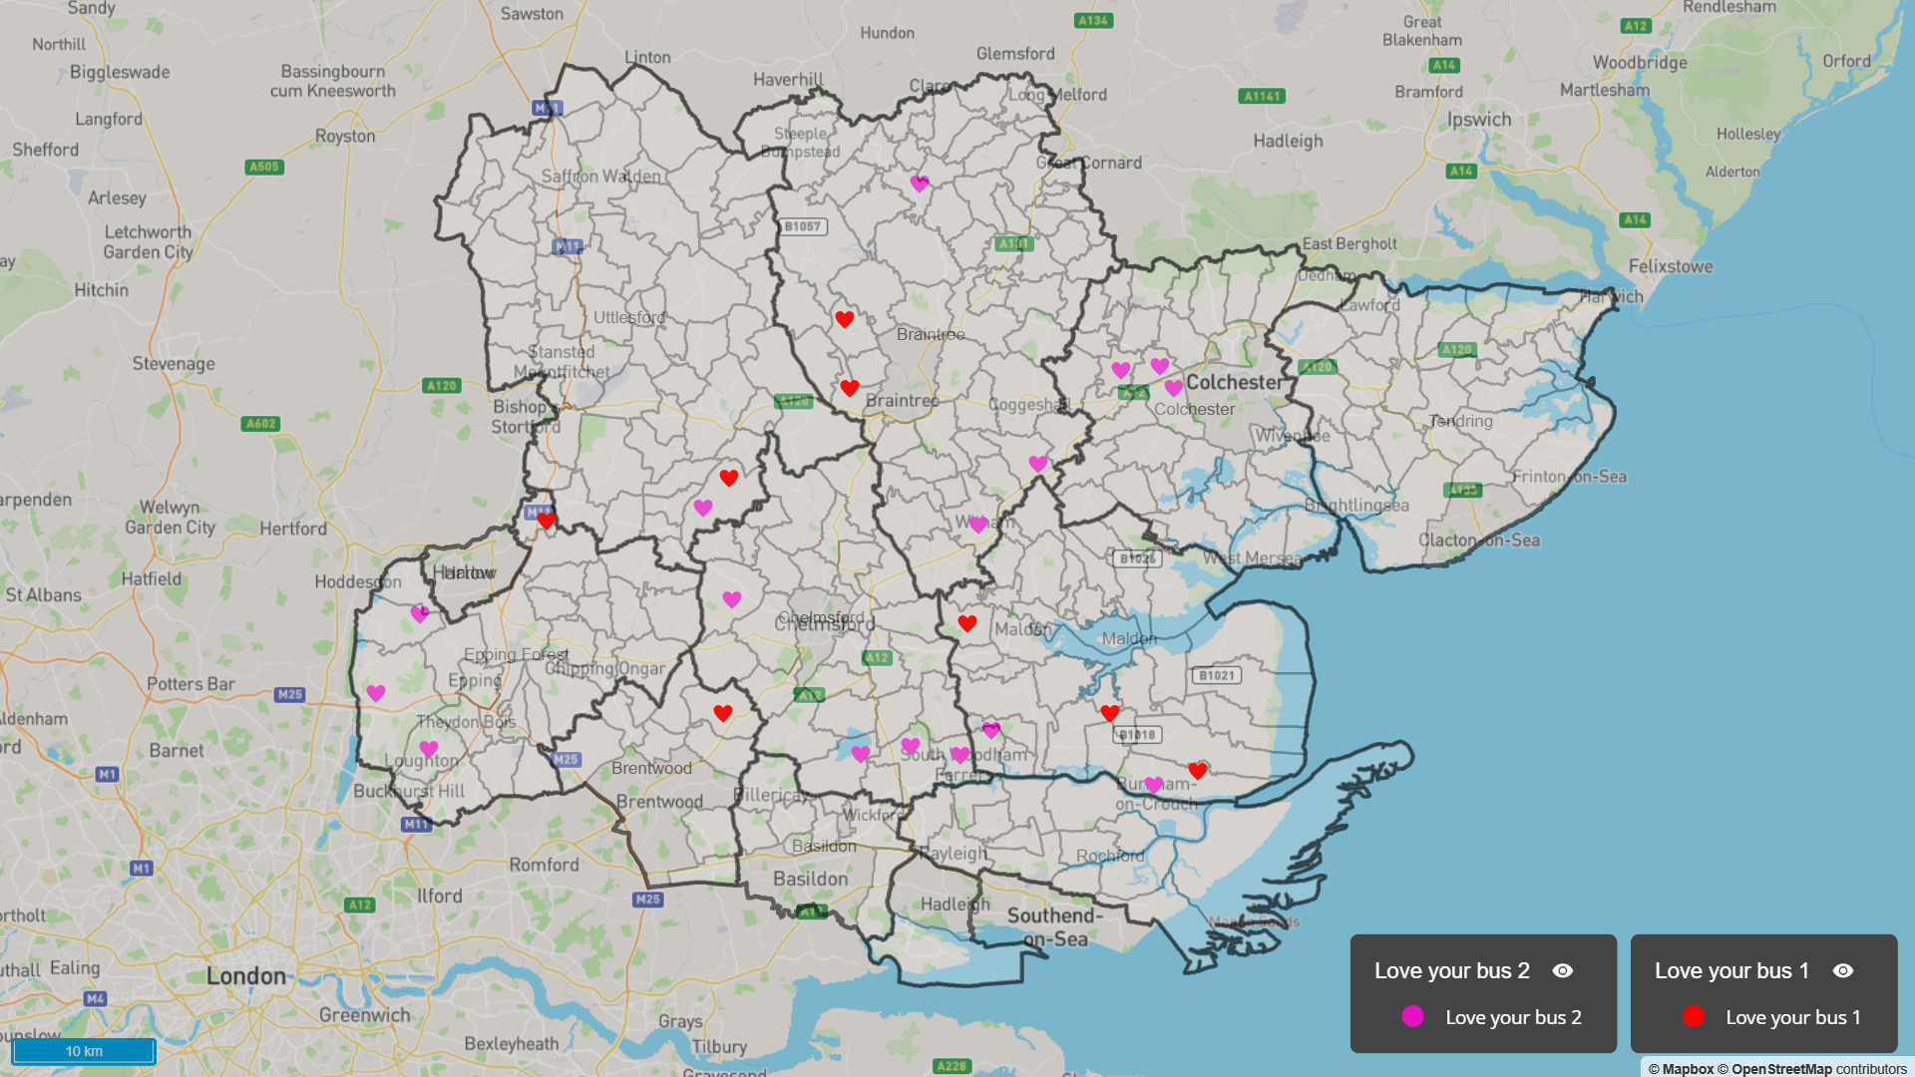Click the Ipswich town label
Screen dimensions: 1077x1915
pyautogui.click(x=1479, y=120)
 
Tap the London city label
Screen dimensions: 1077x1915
pyautogui.click(x=245, y=976)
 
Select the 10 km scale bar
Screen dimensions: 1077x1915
pyautogui.click(x=85, y=1051)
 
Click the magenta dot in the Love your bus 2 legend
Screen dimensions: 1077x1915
pyautogui.click(x=1412, y=1016)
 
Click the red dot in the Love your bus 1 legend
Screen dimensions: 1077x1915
pyautogui.click(x=1693, y=1016)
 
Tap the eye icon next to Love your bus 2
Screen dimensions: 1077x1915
pyautogui.click(x=1563, y=970)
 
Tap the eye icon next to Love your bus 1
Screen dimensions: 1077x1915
pyautogui.click(x=1843, y=970)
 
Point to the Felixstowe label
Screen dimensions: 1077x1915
pyautogui.click(x=1671, y=266)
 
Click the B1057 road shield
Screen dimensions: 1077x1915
pyautogui.click(x=802, y=226)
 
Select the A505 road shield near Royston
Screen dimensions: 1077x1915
pyautogui.click(x=264, y=167)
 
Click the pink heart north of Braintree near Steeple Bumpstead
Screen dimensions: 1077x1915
pyautogui.click(x=920, y=183)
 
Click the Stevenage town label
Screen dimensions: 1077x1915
pyautogui.click(x=174, y=364)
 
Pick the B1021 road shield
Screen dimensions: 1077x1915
pyautogui.click(x=1217, y=675)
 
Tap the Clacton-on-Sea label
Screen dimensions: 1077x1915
pyautogui.click(x=1479, y=540)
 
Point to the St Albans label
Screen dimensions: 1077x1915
pyautogui.click(x=44, y=595)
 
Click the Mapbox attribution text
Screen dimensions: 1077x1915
pyautogui.click(x=1681, y=1069)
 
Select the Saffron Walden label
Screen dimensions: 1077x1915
pyautogui.click(x=600, y=177)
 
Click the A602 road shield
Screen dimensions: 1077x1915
pyautogui.click(x=260, y=424)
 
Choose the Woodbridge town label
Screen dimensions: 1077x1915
pyautogui.click(x=1640, y=63)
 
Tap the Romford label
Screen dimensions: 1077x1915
pyautogui.click(x=544, y=865)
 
